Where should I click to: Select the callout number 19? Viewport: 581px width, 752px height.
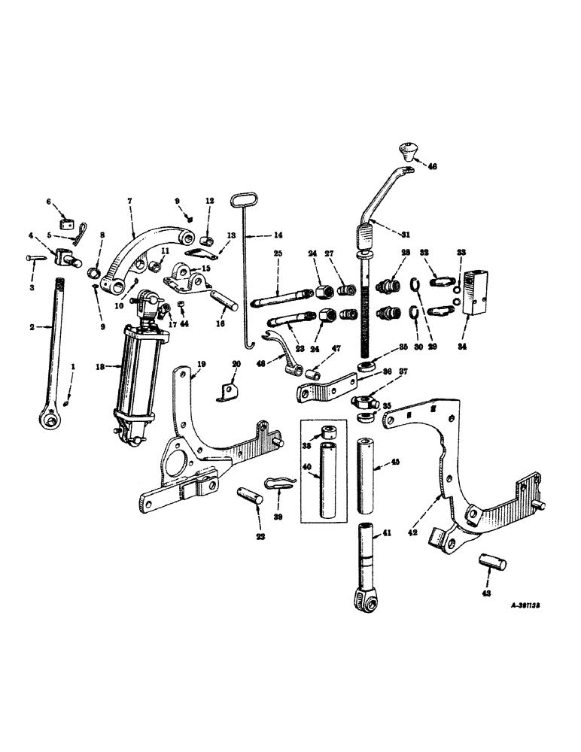pyautogui.click(x=201, y=364)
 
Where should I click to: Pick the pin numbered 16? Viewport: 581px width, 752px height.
pyautogui.click(x=224, y=299)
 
